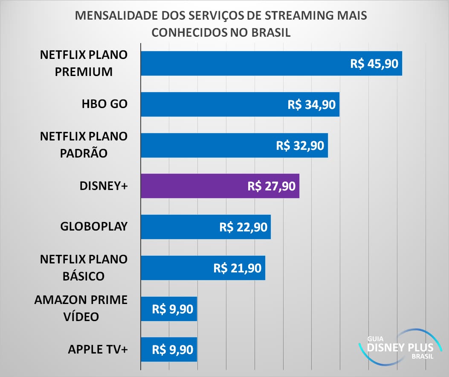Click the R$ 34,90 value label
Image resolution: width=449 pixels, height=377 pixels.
312,105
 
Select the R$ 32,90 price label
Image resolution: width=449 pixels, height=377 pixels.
300,145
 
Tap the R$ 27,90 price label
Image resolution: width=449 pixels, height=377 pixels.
271,186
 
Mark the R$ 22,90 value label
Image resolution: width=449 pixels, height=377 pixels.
243,227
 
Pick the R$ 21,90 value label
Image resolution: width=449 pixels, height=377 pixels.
237,268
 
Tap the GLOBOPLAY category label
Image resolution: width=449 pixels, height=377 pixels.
94,226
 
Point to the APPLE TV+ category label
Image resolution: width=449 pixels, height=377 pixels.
98,349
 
